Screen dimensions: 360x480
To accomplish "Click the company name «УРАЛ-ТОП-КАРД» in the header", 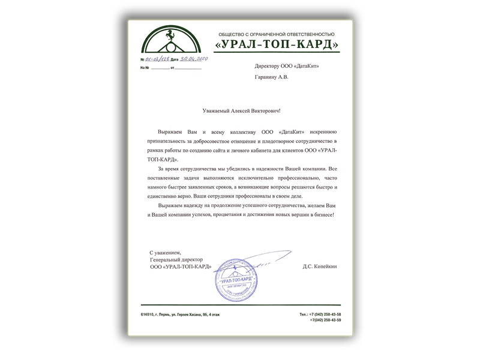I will point(277,45).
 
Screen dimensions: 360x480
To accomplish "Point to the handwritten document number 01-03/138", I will point(158,60).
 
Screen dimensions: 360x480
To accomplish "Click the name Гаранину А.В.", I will point(271,77).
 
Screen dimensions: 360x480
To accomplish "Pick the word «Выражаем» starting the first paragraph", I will point(170,131).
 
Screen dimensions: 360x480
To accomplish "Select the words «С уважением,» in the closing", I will point(165,253).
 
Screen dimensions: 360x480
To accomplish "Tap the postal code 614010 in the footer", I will point(147,314).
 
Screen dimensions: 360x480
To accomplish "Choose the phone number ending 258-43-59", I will point(325,320).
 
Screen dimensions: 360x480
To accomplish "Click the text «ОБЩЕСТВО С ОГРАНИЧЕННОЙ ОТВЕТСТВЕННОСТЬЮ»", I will point(276,34).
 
